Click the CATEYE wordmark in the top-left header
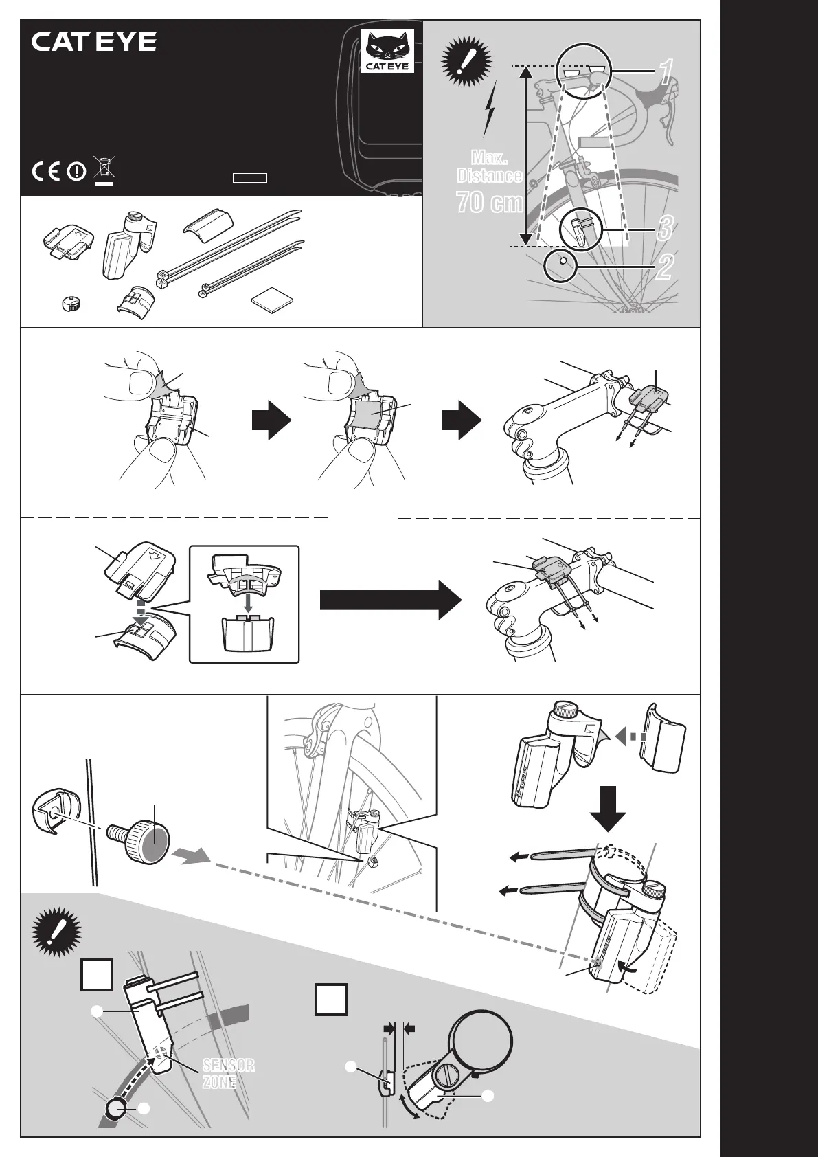pos(94,42)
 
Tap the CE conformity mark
pos(47,171)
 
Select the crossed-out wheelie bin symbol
pos(104,169)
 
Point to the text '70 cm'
pos(489,203)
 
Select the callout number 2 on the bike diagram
pos(663,267)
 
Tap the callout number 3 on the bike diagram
pos(663,229)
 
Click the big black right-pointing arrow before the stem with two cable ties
pos(390,600)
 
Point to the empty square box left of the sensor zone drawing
pos(97,975)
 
